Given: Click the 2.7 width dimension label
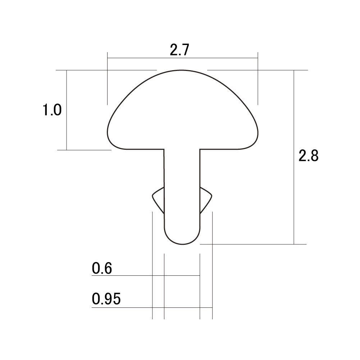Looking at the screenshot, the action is pyautogui.click(x=179, y=50).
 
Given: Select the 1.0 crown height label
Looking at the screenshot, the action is pyautogui.click(x=52, y=110).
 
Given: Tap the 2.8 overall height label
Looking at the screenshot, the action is pyautogui.click(x=308, y=156).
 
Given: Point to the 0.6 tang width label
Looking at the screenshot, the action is pyautogui.click(x=102, y=268).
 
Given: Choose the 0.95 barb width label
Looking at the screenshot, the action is pyautogui.click(x=106, y=299).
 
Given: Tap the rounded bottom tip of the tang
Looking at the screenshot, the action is pyautogui.click(x=182, y=244).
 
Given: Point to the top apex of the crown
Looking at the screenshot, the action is pyautogui.click(x=182, y=70).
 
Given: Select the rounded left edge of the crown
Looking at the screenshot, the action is pyautogui.click(x=108, y=133).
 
